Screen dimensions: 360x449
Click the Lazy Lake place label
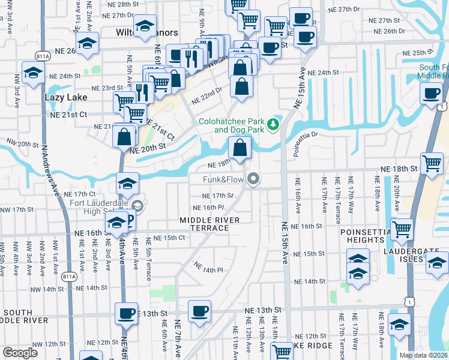[66, 97]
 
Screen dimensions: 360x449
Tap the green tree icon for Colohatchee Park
[274, 124]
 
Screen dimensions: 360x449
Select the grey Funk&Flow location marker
[254, 179]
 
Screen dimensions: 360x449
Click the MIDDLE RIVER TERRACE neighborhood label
[209, 224]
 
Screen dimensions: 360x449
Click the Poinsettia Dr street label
[305, 143]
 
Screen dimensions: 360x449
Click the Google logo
[20, 352]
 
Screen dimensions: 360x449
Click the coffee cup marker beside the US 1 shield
[432, 94]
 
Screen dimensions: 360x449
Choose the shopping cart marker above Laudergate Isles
[402, 229]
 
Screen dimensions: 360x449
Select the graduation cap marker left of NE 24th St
[32, 73]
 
